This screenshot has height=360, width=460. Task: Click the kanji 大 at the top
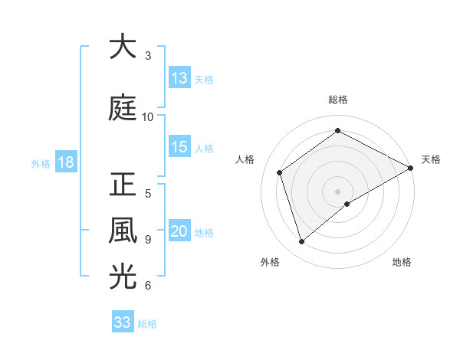(122, 47)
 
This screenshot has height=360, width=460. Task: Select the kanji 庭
(122, 108)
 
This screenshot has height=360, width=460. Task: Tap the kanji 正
(122, 185)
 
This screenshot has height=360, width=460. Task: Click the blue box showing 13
(179, 78)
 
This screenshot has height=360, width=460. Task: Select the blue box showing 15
(179, 148)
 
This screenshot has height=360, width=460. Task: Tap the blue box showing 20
(179, 232)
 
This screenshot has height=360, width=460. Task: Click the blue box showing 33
(123, 322)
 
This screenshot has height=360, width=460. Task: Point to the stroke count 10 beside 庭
(148, 116)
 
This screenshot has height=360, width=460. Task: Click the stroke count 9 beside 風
(148, 239)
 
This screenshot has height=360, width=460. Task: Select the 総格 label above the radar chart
(338, 100)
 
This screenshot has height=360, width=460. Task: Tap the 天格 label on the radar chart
(431, 159)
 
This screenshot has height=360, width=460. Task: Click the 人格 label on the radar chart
(245, 159)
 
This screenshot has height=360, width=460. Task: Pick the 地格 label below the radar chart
(402, 262)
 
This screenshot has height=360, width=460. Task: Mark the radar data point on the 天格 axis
(411, 167)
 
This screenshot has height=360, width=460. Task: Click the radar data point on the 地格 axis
(347, 204)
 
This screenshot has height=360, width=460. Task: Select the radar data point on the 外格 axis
(301, 242)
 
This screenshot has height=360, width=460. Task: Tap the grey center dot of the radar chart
(338, 191)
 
